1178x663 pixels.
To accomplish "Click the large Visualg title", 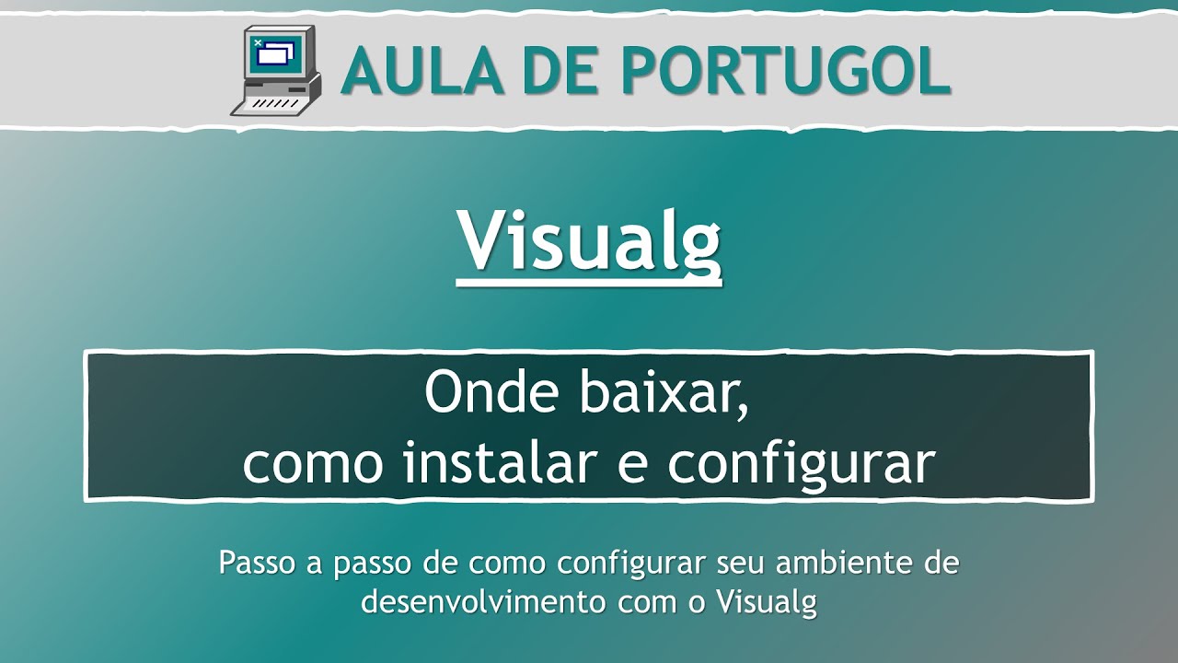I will pyautogui.click(x=589, y=241).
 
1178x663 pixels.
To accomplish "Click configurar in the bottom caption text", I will pyautogui.click(x=629, y=563).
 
